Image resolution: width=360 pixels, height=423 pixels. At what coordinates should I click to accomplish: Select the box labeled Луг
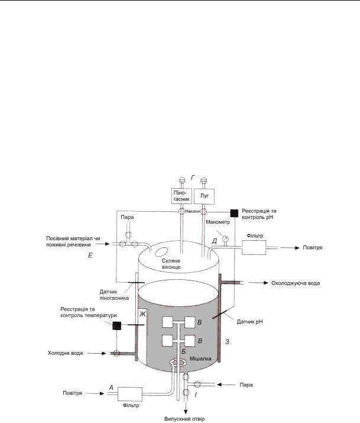pos(205,195)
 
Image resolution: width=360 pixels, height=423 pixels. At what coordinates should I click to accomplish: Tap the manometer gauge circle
pos(225,240)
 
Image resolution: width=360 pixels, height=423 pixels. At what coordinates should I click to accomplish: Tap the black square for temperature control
pos(117,325)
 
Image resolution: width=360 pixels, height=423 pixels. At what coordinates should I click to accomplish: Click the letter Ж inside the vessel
pos(141,314)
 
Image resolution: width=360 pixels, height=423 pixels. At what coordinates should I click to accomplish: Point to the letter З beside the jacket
pos(228,341)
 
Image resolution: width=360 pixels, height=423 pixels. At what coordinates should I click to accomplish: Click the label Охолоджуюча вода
pos(293,283)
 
